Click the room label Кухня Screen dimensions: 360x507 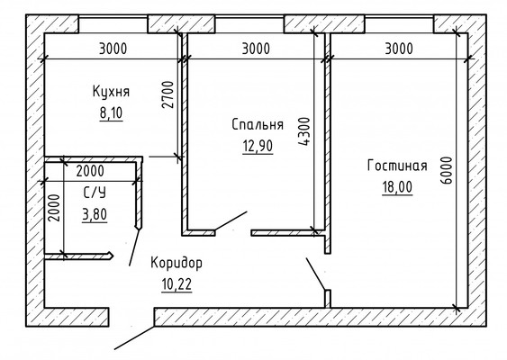112,91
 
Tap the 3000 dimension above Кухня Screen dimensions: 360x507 112,48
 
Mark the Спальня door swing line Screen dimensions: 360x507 231,220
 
